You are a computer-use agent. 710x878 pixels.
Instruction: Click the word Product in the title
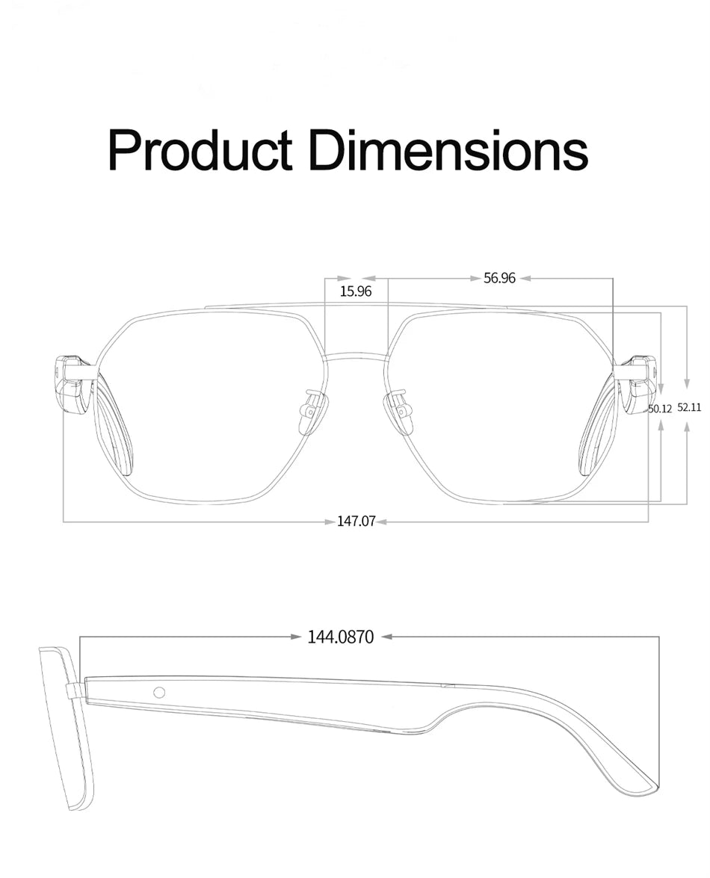click(200, 149)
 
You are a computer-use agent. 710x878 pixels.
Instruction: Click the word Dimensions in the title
click(448, 149)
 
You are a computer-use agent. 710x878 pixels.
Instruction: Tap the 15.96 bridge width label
click(356, 291)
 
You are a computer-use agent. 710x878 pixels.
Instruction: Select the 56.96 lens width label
click(499, 278)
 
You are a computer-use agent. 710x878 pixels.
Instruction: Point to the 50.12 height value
click(660, 409)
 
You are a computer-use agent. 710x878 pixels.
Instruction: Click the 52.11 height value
click(689, 407)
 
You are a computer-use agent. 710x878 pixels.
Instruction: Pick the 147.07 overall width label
click(356, 522)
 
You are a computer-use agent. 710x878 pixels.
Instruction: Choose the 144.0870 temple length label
click(341, 637)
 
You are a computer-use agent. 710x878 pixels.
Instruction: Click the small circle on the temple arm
click(159, 692)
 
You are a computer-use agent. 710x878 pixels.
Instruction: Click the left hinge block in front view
click(73, 381)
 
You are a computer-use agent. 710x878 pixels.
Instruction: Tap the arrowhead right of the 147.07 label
click(381, 522)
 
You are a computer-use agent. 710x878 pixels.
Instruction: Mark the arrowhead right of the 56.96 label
click(525, 278)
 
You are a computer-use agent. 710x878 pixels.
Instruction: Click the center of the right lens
click(501, 407)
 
